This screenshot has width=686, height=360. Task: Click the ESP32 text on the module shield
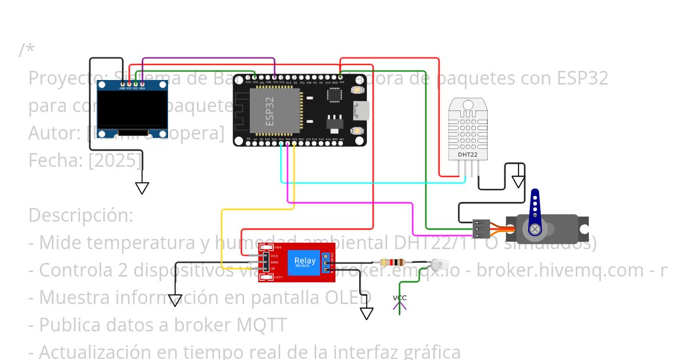270,111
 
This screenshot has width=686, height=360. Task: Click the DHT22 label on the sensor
468,154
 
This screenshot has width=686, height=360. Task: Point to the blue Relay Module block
304,262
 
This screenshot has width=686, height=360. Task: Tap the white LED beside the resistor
438,265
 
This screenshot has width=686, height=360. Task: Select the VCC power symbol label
400,298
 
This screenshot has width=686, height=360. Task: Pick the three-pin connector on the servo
481,229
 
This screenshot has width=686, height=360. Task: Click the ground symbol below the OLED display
142,188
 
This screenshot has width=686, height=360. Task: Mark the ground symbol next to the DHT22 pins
518,182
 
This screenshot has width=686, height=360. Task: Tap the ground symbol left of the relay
175,300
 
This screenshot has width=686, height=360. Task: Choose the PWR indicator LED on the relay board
265,247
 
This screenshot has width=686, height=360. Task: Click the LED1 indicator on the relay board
265,277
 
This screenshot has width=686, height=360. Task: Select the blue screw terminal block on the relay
326,262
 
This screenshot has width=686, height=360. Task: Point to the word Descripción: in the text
81,215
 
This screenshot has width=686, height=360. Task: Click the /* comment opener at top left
26,50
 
